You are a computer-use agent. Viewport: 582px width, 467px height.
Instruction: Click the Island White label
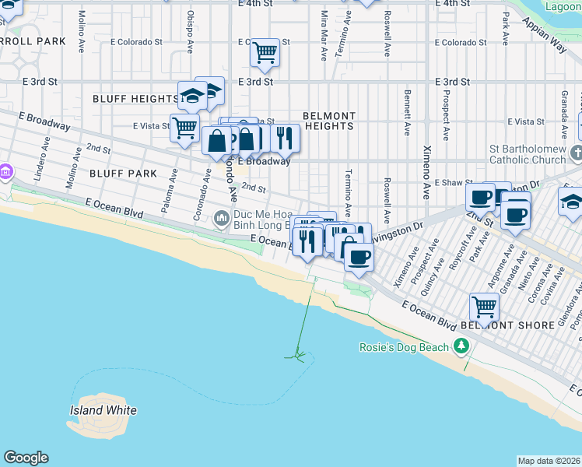103,410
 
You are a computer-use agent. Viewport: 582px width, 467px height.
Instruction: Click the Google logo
26,458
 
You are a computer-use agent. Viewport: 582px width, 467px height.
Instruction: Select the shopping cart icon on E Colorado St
265,52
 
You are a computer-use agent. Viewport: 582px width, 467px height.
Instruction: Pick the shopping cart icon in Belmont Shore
484,307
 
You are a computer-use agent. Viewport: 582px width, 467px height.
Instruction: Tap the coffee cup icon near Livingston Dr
359,256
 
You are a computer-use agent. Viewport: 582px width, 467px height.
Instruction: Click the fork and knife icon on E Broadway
285,138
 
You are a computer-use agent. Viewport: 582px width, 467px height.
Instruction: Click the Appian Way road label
550,43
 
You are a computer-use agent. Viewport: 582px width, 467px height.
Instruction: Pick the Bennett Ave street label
406,112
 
